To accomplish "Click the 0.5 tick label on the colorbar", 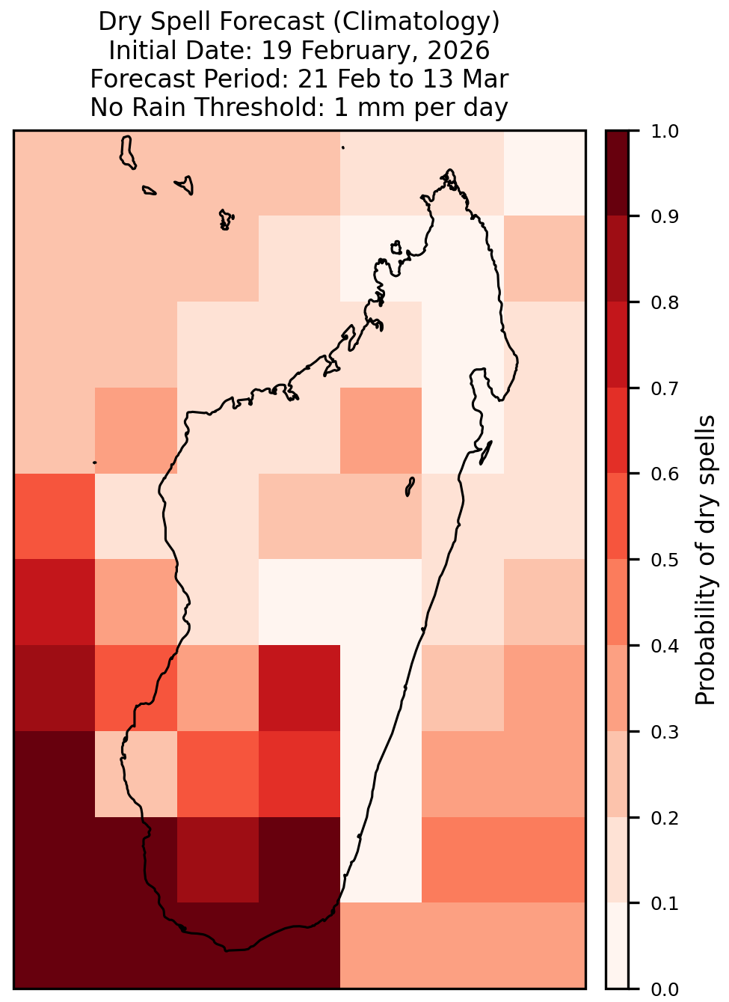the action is [x=665, y=560].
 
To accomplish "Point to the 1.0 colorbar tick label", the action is [x=665, y=132].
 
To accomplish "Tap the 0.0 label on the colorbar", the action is [x=665, y=989].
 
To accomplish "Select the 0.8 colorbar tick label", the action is [x=665, y=303].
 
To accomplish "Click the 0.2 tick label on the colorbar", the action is [x=665, y=818].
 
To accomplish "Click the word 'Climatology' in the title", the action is [x=416, y=22].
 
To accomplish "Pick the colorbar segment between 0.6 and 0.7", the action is [x=618, y=430].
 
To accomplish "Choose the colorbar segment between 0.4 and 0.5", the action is [x=618, y=602].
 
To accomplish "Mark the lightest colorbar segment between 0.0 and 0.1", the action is [x=618, y=945].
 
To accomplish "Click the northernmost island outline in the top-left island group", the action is [x=127, y=153].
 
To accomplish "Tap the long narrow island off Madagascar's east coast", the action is [x=486, y=453].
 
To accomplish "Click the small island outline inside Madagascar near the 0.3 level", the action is [x=410, y=486].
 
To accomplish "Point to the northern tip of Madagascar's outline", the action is [x=449, y=171].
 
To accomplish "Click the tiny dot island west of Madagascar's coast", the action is [x=94, y=462].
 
